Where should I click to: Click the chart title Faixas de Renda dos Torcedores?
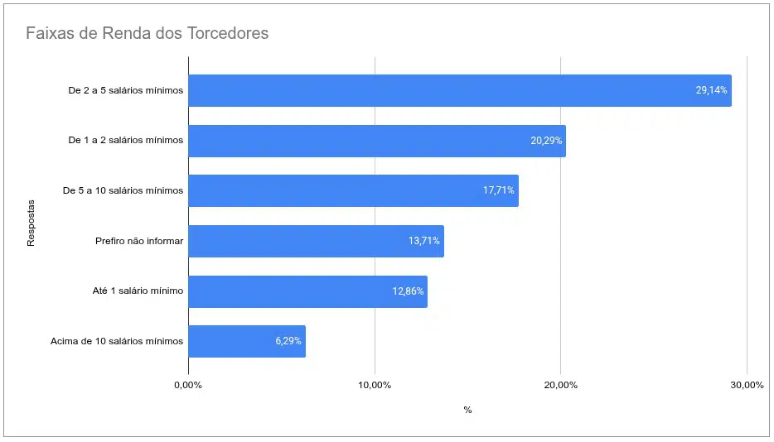pos(147,34)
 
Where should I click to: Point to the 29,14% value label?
pos(711,90)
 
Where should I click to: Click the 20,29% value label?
pos(547,141)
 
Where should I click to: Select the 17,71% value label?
pos(499,190)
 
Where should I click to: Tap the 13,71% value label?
pos(424,241)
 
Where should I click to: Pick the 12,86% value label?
pos(408,291)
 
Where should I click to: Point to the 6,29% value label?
pos(288,341)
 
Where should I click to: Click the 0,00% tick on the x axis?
pos(188,386)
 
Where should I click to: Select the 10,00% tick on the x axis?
pos(375,386)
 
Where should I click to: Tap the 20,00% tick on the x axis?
pos(560,386)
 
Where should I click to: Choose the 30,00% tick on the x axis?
pos(747,386)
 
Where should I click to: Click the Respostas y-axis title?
pos(31,222)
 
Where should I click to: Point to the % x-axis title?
pos(467,410)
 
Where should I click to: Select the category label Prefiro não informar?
pos(139,241)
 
